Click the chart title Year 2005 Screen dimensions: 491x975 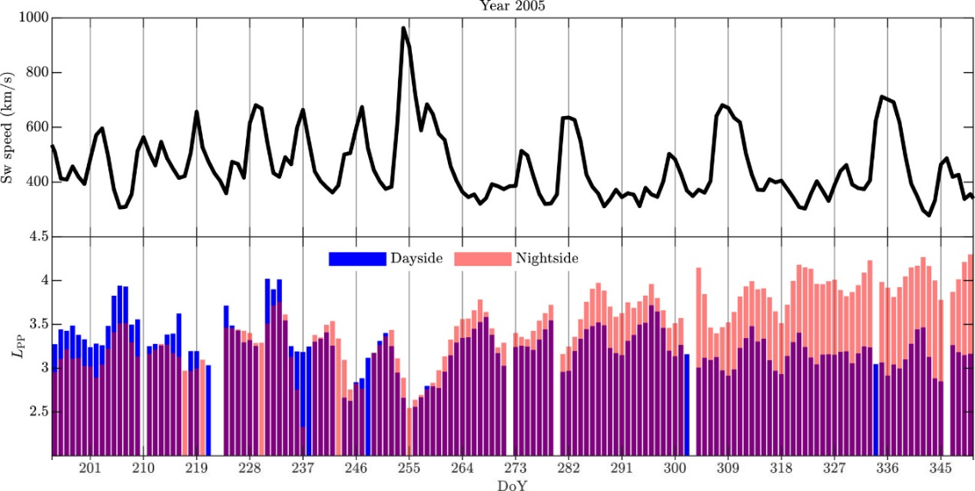pyautogui.click(x=512, y=6)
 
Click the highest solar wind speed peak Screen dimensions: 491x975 pyautogui.click(x=403, y=28)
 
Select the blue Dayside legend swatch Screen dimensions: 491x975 pyautogui.click(x=357, y=258)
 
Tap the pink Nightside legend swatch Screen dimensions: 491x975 pyautogui.click(x=481, y=258)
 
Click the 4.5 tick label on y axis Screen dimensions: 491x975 pyautogui.click(x=35, y=236)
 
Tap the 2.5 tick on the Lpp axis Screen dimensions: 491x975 pyautogui.click(x=35, y=412)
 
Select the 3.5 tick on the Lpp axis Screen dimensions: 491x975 pyautogui.click(x=35, y=324)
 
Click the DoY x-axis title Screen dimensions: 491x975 pyautogui.click(x=512, y=485)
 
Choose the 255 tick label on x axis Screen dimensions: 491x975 pyautogui.click(x=409, y=469)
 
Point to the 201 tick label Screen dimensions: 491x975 pyautogui.click(x=90, y=469)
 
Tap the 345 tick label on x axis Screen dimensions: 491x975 pyautogui.click(x=941, y=469)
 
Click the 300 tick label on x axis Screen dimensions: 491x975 pyautogui.click(x=675, y=469)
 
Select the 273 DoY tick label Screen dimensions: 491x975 pyautogui.click(x=515, y=469)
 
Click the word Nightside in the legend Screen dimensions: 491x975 pyautogui.click(x=547, y=258)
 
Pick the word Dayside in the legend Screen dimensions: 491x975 pyautogui.click(x=416, y=258)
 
